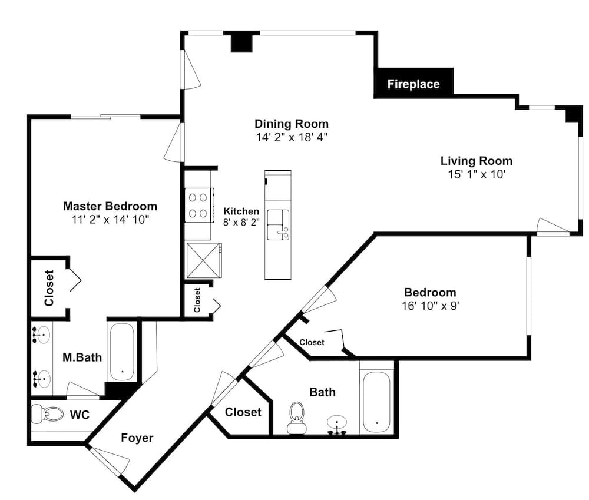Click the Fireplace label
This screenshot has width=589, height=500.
pos(413,84)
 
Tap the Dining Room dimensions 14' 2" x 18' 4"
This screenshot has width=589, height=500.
pos(292,137)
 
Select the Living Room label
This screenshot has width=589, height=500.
pos(477,161)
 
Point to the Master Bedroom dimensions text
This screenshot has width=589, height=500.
pos(111,220)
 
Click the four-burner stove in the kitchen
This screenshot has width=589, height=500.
pos(198,205)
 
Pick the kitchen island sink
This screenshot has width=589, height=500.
pos(278,224)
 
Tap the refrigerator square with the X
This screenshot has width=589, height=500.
pos(203,260)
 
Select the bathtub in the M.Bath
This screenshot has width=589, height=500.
pos(121,352)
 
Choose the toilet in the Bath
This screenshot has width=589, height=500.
pos(297,418)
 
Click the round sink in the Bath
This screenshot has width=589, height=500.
pos(337,424)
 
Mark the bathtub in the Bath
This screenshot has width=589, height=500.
pos(376,402)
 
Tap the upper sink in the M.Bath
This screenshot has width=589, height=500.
pos(42,334)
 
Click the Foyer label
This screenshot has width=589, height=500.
pos(137,438)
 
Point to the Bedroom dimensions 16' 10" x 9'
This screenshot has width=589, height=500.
pos(431,306)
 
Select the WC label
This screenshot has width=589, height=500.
pos(80,415)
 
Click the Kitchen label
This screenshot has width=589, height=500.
pos(241,211)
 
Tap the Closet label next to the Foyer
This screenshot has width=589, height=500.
pos(243,412)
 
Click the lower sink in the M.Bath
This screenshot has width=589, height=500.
pos(42,378)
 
